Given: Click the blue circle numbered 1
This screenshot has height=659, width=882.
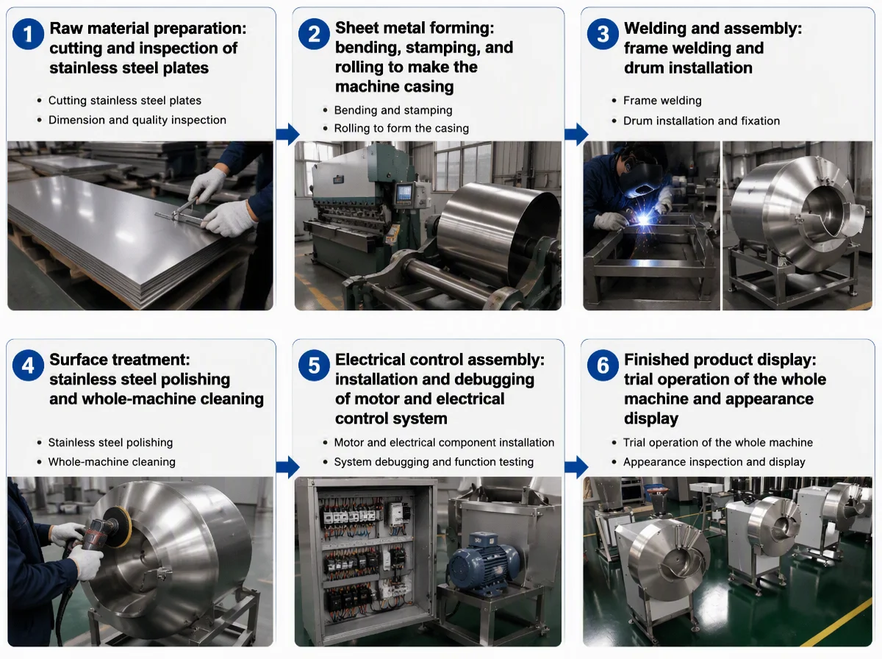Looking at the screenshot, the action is (28, 34).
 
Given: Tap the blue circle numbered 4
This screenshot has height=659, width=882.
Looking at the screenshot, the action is (28, 366).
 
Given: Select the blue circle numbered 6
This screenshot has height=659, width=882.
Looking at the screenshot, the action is (603, 366).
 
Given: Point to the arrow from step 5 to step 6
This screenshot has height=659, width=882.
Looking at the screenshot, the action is (577, 467).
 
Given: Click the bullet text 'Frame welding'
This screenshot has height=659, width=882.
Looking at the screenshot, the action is (662, 101).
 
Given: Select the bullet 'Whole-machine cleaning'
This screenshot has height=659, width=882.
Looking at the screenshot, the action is (112, 462).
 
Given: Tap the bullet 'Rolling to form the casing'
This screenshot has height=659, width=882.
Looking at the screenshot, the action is (401, 128).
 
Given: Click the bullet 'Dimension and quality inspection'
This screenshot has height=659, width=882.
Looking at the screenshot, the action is (137, 120).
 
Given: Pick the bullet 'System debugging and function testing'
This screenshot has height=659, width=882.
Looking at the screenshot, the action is (434, 462).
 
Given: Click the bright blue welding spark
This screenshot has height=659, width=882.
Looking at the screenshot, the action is (644, 219).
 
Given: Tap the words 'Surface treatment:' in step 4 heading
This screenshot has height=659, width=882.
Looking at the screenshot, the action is (119, 360).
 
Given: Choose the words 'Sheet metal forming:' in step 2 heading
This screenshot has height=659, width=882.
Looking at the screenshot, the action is (415, 28).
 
